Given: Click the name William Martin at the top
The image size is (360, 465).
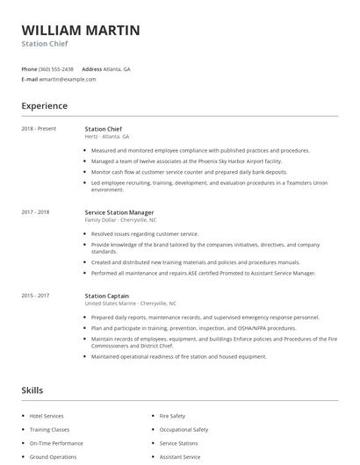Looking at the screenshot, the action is coord(80,30).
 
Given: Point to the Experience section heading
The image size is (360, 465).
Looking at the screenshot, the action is coord(45,106).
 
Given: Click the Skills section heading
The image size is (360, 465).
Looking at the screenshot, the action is coord(32,390).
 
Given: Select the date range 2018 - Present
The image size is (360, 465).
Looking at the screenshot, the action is coord(39,129).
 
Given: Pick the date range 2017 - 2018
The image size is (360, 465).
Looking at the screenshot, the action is coord(35,212).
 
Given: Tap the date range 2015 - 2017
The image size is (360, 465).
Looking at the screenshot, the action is coord(35,296).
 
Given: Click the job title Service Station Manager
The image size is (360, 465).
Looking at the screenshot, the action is coord(119,212).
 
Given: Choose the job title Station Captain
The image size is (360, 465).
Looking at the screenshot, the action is coord(107,296).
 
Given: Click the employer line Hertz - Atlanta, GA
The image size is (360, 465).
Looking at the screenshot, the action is coord(107,137).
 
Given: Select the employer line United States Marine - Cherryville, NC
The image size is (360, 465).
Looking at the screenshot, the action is coord(131,303).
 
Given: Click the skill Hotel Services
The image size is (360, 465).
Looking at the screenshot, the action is coord(47,416).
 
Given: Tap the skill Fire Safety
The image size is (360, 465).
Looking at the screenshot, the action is coord(172,416).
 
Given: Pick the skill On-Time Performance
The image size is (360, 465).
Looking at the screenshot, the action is coord(56,444).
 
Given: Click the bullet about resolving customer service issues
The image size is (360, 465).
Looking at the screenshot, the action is coord(145,234).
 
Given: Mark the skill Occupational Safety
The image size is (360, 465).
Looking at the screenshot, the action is coord(184,430).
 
